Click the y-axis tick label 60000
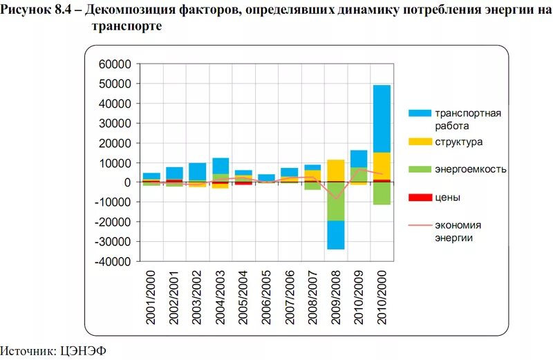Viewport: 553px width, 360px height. [115, 64]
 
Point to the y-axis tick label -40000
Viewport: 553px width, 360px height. [113, 262]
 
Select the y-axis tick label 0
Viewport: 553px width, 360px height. [128, 182]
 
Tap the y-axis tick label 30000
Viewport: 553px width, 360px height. [115, 123]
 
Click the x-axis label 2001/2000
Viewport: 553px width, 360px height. [152, 299]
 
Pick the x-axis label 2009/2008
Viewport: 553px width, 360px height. [335, 299]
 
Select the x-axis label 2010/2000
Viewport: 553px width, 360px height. [382, 299]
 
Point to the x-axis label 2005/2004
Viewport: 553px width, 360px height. [244, 299]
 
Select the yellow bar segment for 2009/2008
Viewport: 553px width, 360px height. [335, 170]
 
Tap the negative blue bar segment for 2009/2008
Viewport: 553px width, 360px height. [335, 235]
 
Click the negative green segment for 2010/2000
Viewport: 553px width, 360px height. [382, 193]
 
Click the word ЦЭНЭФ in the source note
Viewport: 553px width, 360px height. [87, 351]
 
